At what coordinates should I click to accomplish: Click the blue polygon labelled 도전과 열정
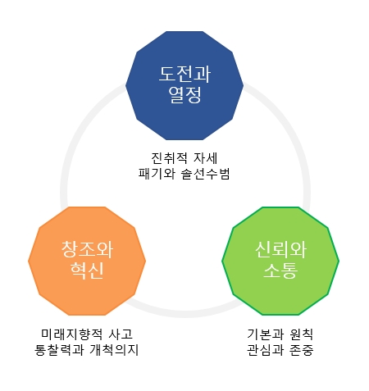184,85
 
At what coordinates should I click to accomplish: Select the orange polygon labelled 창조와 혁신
87,261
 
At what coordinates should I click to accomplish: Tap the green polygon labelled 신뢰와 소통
280,261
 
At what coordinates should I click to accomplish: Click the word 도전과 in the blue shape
184,75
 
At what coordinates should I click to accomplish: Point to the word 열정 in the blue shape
184,95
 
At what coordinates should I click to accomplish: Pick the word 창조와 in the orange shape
87,249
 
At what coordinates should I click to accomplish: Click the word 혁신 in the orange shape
87,270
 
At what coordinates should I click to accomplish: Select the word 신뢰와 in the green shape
280,249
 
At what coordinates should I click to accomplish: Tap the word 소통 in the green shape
280,270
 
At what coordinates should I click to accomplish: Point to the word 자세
205,158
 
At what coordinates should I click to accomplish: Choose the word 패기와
157,174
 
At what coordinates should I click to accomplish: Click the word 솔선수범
205,174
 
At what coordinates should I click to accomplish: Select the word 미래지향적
72,334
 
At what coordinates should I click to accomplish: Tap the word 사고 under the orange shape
121,334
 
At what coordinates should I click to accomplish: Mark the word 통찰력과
59,350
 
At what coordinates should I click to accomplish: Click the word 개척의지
114,350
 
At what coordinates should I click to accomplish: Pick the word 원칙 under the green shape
301,334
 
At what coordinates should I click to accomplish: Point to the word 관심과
265,350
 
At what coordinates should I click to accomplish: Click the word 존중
301,350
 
